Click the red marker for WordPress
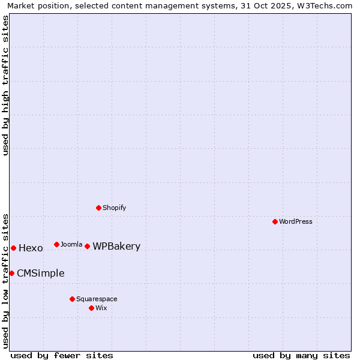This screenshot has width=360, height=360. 275,221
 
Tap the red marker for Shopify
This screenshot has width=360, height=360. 98,208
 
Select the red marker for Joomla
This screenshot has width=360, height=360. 56,244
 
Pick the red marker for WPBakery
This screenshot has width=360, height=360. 87,246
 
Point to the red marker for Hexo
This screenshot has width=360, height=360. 13,248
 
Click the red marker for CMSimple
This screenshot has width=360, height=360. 11,273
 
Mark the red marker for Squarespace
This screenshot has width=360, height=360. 72,299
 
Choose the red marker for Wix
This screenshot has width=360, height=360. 91,308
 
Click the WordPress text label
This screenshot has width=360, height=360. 296,221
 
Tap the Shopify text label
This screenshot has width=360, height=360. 114,208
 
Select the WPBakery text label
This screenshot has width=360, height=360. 116,246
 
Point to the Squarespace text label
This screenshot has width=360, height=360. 97,299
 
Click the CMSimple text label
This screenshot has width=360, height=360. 40,273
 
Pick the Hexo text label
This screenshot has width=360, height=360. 31,248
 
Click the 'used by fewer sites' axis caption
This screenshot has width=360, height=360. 62,355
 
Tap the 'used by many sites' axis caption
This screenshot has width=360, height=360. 301,355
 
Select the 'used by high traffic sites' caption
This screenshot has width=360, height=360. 5,85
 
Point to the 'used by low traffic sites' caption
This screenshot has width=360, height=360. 5,280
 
